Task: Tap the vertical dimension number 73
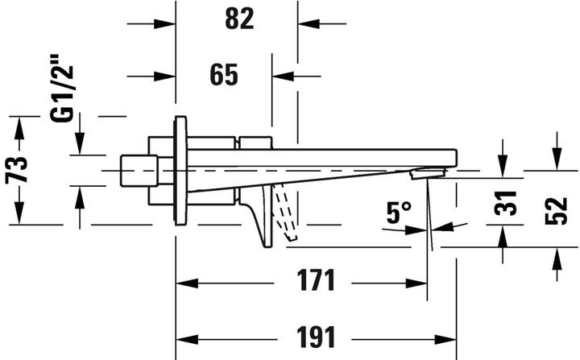[x=19, y=170]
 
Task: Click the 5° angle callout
[x=398, y=213]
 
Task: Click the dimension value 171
[x=313, y=283]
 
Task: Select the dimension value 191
[x=313, y=336]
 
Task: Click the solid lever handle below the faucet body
[x=263, y=216]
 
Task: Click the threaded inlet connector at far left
[x=138, y=171]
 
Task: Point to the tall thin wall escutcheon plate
[x=180, y=170]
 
